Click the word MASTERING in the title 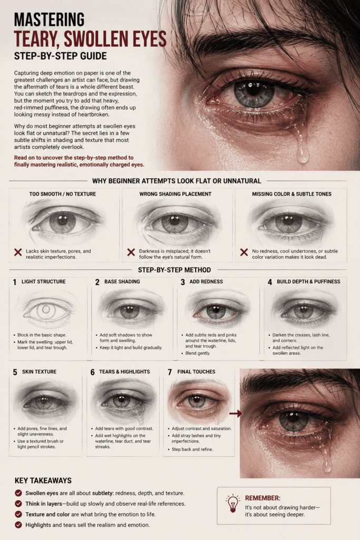point(49,20)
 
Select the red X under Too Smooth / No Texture point(18,253)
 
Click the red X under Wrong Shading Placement point(131,253)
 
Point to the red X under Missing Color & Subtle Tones point(244,253)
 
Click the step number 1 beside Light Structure point(14,282)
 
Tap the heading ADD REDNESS point(206,282)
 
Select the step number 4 point(270,282)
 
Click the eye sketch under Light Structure point(46,309)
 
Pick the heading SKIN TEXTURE point(39,372)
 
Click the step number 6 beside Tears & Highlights point(93,372)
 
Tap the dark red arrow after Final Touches point(236,413)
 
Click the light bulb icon point(232,503)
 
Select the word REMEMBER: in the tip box point(262,498)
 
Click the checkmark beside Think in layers point(18,504)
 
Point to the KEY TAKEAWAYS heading point(43,480)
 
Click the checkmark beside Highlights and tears point(18,525)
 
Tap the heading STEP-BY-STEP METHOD point(174,269)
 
